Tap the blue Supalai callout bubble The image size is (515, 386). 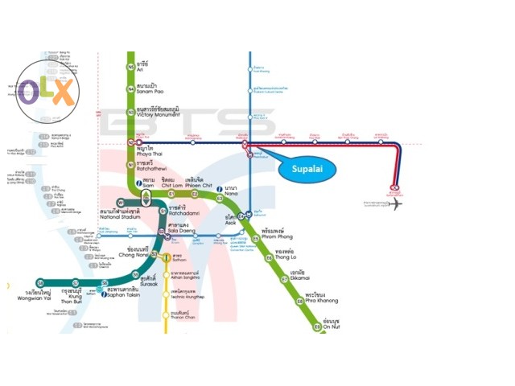(306, 168)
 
